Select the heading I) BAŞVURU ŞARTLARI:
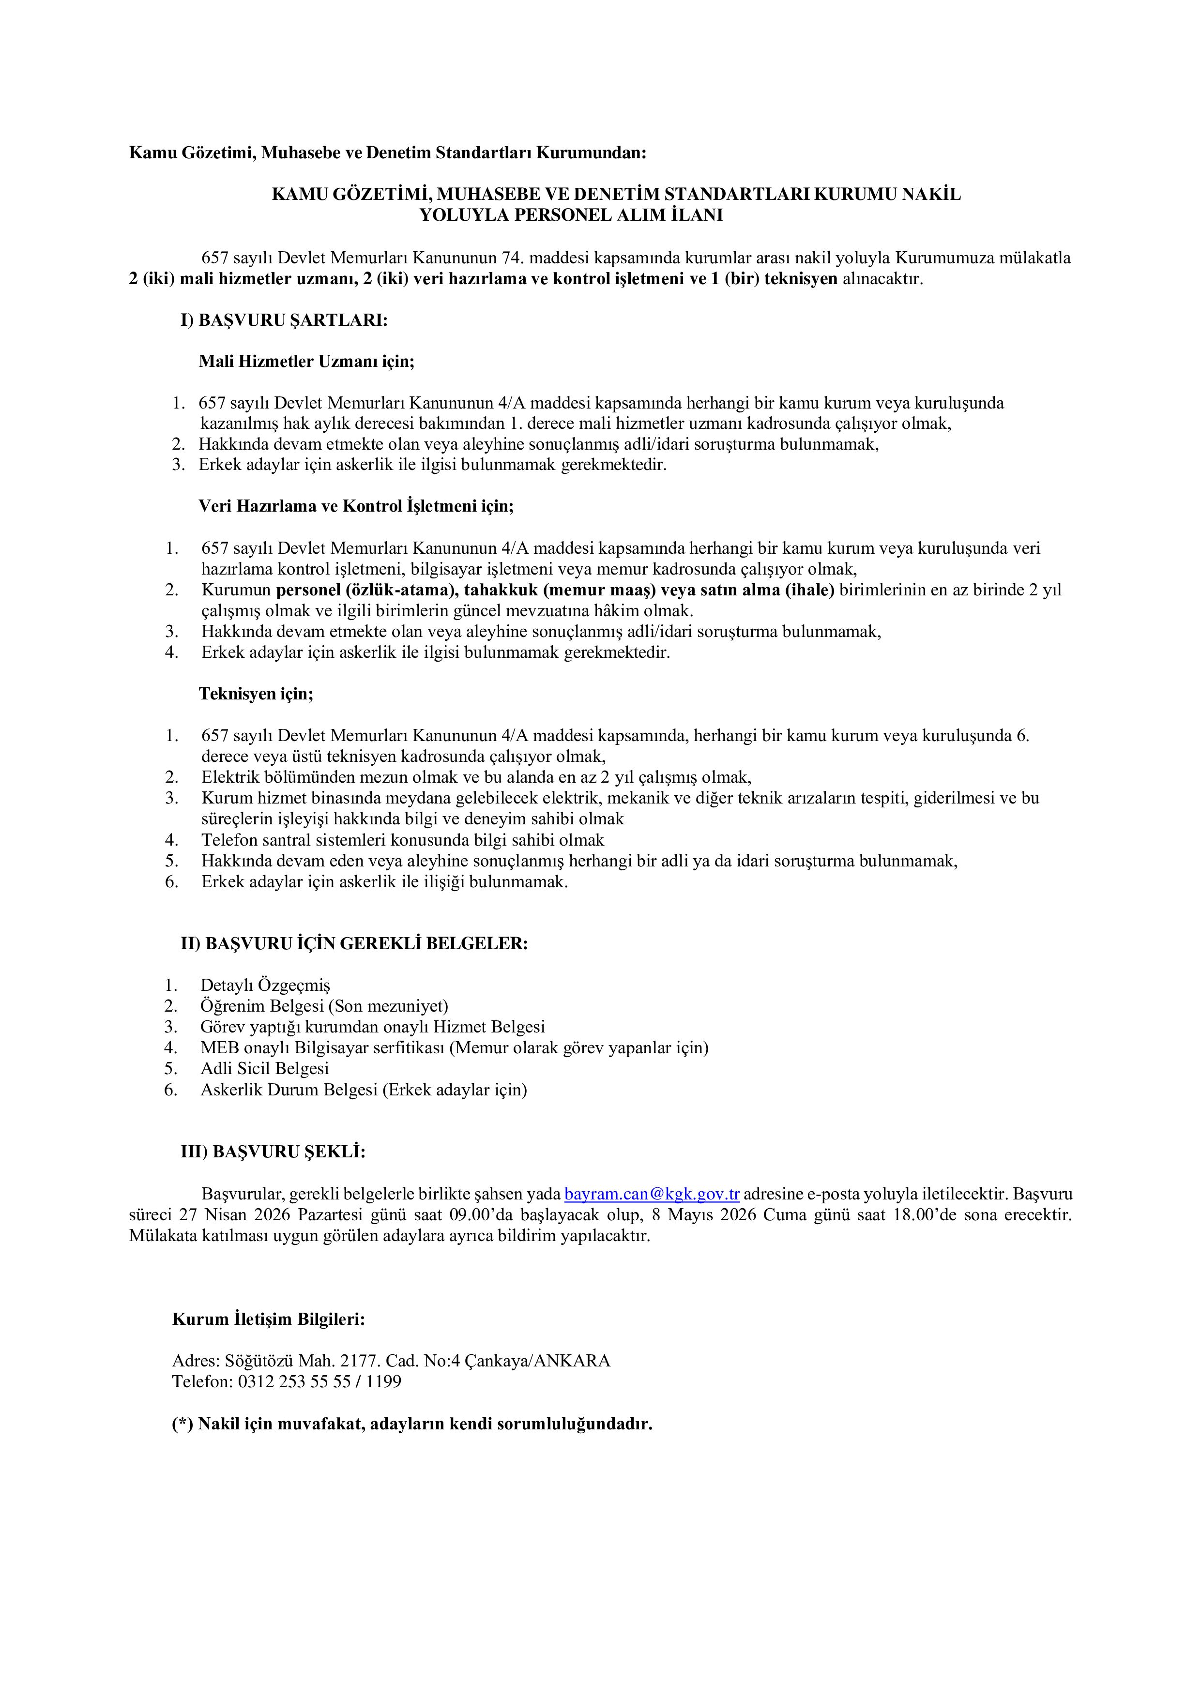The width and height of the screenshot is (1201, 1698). point(284,320)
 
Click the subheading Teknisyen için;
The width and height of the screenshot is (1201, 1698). point(256,694)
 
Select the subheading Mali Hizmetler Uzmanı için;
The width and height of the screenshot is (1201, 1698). point(306,362)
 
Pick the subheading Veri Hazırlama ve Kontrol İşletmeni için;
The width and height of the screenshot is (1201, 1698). point(356,507)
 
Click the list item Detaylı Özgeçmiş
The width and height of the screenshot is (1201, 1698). point(265,985)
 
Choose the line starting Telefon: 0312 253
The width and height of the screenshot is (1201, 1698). point(286,1381)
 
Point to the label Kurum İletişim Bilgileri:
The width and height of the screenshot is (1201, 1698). point(269,1319)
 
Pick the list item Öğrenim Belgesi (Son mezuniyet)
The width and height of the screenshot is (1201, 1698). point(324,1006)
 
